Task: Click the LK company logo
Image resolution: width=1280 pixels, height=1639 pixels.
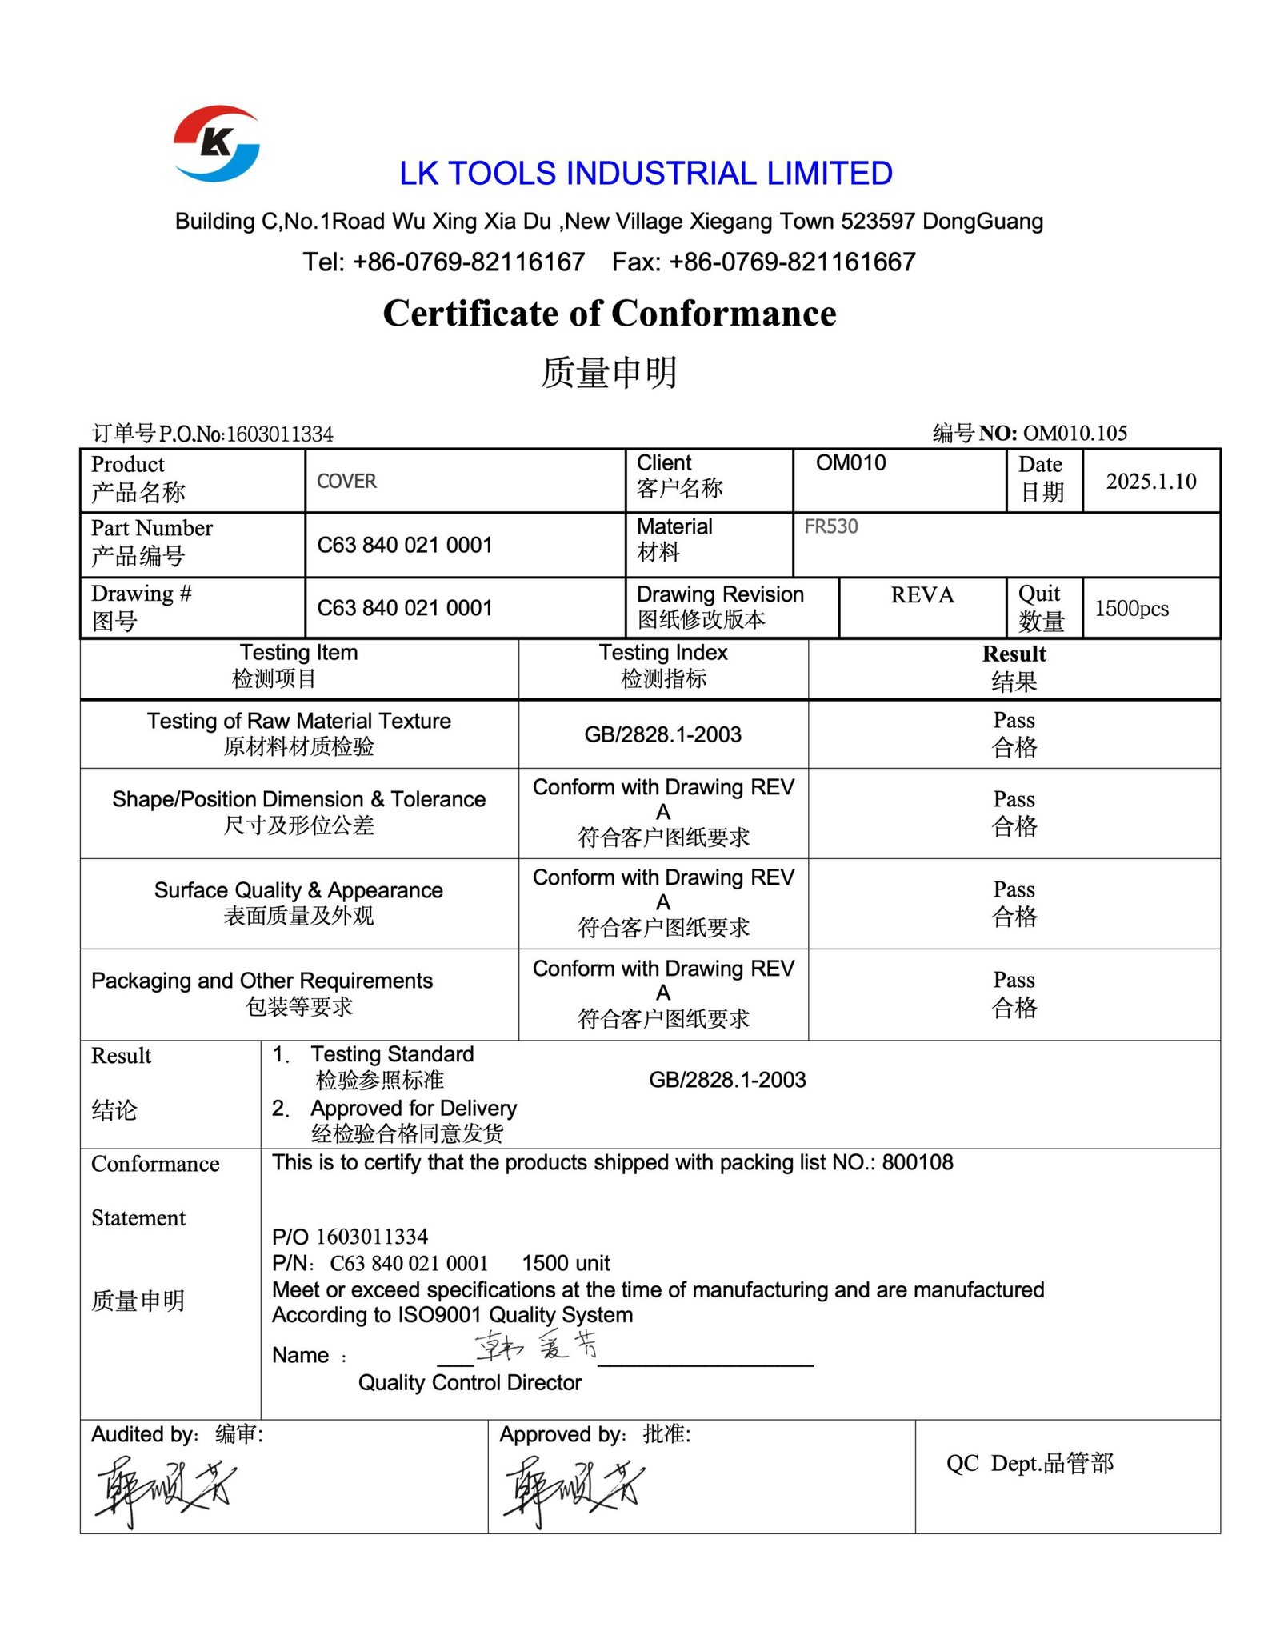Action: pos(216,143)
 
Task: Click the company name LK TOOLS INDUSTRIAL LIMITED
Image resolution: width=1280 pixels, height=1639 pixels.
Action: pos(646,174)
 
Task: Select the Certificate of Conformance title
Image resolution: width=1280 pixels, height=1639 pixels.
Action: pos(610,314)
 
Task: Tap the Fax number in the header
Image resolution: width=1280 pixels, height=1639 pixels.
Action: pos(763,262)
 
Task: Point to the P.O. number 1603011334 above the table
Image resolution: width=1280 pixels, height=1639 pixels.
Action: pos(279,434)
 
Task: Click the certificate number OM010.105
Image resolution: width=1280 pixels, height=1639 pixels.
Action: pos(1074,433)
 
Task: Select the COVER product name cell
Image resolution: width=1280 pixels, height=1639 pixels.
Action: pos(346,482)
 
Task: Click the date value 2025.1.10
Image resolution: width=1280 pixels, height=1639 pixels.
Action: pos(1150,482)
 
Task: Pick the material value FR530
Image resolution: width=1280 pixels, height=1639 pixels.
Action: pos(830,526)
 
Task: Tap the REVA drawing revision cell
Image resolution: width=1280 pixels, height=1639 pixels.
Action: pos(922,595)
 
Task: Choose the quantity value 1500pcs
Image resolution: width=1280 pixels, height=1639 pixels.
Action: pos(1131,609)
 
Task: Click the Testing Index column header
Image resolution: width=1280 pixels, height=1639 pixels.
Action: pos(663,665)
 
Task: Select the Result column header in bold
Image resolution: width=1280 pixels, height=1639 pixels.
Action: pos(1014,654)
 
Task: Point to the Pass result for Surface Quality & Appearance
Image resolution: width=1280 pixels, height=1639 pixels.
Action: pos(1014,902)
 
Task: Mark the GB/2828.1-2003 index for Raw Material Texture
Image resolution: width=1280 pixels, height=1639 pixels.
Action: pos(662,734)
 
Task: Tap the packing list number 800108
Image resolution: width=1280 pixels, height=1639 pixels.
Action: pos(917,1162)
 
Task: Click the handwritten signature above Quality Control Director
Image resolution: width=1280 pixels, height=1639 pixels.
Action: pos(536,1345)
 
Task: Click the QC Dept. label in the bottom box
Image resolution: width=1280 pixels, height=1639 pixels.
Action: pos(1030,1463)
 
